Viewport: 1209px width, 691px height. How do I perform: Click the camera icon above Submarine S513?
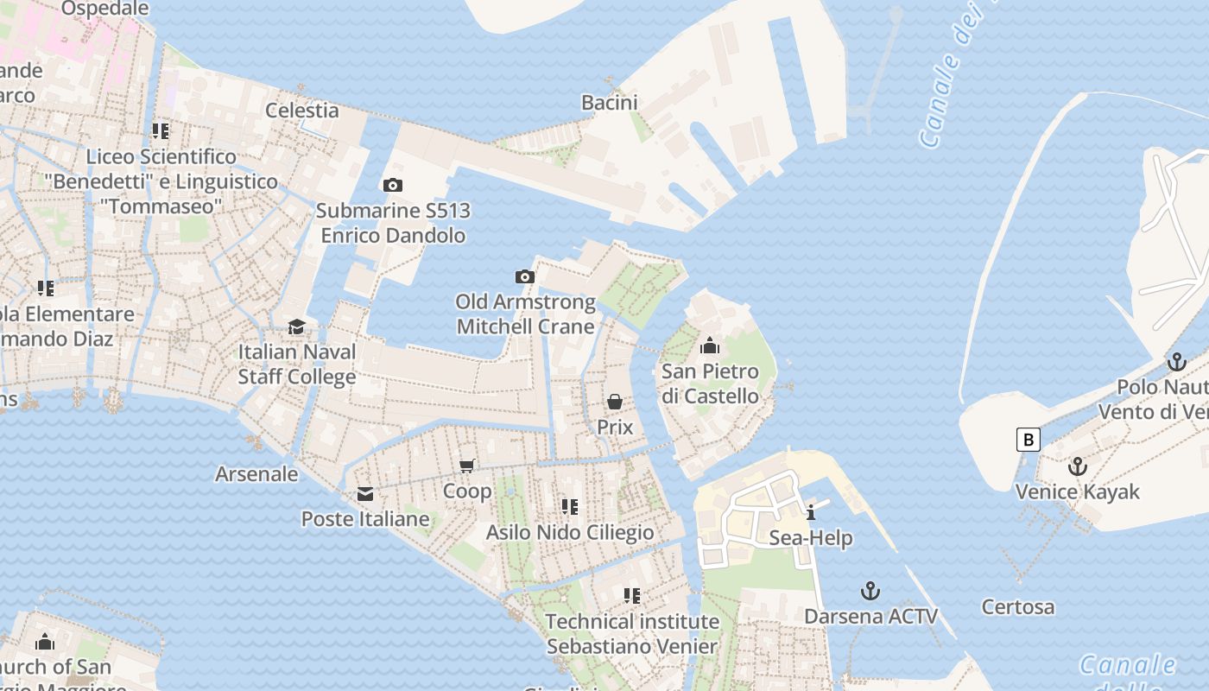coord(392,185)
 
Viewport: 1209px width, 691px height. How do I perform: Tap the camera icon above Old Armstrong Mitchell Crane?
coord(524,277)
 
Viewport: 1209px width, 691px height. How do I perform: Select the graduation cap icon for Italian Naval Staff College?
coord(296,326)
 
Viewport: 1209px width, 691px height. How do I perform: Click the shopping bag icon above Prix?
coord(615,402)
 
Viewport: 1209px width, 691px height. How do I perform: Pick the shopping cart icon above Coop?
coord(467,466)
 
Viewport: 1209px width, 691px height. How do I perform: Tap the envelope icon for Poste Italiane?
coord(365,494)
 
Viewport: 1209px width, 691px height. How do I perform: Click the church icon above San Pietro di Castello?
coord(710,346)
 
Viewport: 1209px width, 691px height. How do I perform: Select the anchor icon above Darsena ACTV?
coord(870,592)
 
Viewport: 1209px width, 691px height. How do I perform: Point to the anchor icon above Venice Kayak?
coord(1077,467)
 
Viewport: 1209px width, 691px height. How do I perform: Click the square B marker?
coord(1028,440)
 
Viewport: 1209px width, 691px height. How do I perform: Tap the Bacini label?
coord(609,103)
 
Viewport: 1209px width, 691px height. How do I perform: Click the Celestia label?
coord(301,110)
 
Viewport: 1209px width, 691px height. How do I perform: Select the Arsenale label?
coord(256,474)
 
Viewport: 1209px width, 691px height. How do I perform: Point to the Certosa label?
coord(1017,607)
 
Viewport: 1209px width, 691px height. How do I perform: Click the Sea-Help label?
coord(811,538)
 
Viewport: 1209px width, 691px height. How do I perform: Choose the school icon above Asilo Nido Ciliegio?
coord(569,506)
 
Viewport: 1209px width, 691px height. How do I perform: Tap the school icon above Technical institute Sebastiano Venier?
coord(631,596)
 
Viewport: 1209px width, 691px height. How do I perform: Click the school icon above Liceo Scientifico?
coord(160,131)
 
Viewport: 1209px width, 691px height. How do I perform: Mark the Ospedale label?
coord(105,9)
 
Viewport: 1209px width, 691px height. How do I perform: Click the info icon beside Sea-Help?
coord(810,513)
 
